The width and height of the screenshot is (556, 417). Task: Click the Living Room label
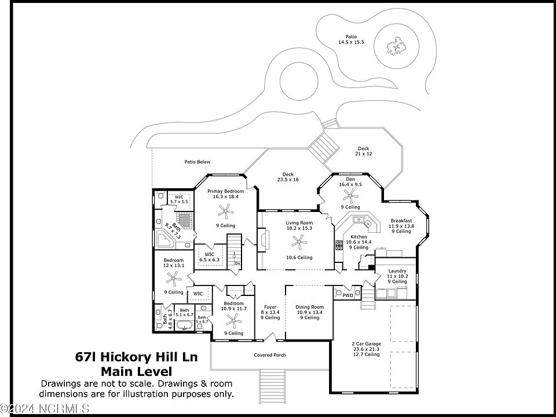(x=299, y=223)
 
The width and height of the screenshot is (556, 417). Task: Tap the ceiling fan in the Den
(x=350, y=195)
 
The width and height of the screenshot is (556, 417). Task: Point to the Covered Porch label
(x=270, y=355)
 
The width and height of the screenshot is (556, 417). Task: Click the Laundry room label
(x=397, y=271)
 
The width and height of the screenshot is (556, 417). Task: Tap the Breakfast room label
(x=401, y=221)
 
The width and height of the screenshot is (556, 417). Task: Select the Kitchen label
(x=359, y=237)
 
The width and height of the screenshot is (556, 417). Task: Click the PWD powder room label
(x=348, y=296)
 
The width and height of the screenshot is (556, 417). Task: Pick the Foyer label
(x=270, y=307)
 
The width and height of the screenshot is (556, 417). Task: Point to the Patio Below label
(x=197, y=162)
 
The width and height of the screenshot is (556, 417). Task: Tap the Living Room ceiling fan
(x=299, y=240)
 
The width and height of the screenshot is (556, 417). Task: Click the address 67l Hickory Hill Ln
(x=136, y=357)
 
